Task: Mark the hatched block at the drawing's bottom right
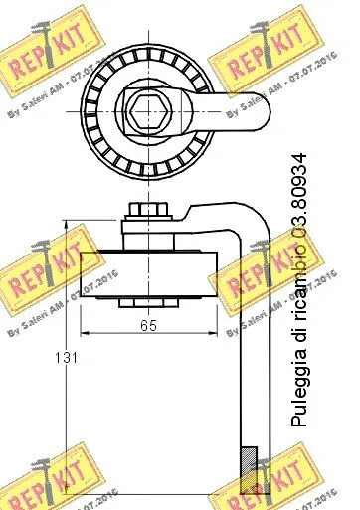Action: click(x=249, y=468)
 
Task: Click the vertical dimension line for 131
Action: click(x=65, y=398)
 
